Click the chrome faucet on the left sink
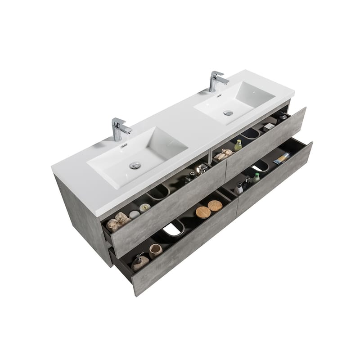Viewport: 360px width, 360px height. point(120,129)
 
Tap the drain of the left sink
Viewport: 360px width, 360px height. point(135,166)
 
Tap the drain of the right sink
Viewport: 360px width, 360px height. point(229,112)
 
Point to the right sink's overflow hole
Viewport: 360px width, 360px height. point(219,95)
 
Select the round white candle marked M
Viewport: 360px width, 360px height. point(145,207)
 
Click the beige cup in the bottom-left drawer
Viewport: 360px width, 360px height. point(155,250)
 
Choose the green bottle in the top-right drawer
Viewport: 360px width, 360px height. point(238,145)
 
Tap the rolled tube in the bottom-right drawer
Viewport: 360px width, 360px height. point(282,157)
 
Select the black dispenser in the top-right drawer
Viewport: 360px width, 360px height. point(282,117)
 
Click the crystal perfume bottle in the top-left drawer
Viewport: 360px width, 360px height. point(201,169)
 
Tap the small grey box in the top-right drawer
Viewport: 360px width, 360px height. point(269,127)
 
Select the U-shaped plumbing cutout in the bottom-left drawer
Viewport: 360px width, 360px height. point(173,229)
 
